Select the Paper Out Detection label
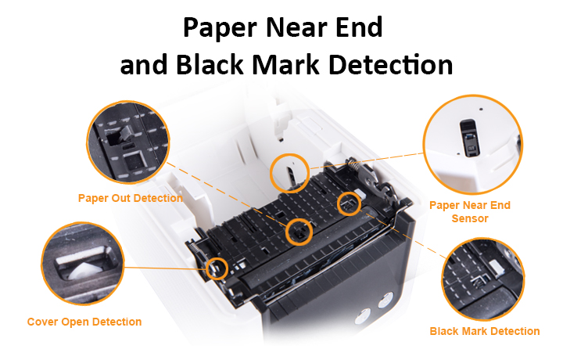(x=131, y=198)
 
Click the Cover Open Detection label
(x=84, y=322)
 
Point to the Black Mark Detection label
(x=485, y=331)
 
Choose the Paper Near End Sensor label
(x=470, y=212)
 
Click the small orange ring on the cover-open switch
(x=217, y=268)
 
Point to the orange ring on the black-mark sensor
(x=348, y=204)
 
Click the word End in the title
(x=357, y=29)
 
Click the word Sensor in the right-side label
(x=470, y=218)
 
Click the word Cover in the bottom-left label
(x=43, y=322)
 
